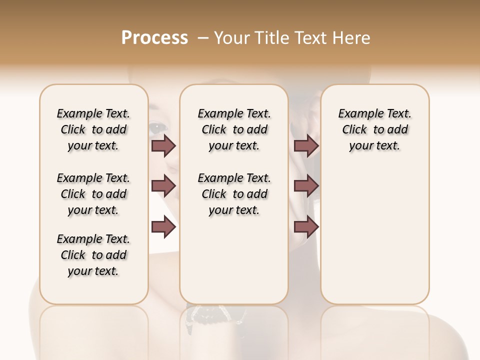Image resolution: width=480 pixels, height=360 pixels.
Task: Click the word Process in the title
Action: pyautogui.click(x=154, y=38)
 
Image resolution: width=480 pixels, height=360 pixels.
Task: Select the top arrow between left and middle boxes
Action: pyautogui.click(x=163, y=145)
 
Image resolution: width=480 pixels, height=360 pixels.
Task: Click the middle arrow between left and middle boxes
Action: pyautogui.click(x=163, y=186)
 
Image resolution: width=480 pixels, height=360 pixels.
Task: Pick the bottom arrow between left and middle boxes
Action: pyautogui.click(x=163, y=227)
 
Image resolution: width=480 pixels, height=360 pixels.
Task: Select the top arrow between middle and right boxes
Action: pyautogui.click(x=306, y=145)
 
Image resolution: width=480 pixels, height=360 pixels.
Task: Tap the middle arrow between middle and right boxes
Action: pyautogui.click(x=306, y=186)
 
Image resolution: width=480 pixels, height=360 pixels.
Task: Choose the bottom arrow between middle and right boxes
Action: pyautogui.click(x=306, y=227)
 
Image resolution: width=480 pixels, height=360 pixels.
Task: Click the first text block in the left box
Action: pyautogui.click(x=93, y=129)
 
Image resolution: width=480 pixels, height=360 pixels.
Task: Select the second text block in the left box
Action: pyautogui.click(x=93, y=194)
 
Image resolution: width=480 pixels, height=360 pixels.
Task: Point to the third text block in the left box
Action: pyautogui.click(x=93, y=255)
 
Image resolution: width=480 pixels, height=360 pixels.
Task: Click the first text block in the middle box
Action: pyautogui.click(x=234, y=129)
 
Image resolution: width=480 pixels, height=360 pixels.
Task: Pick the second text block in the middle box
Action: pyautogui.click(x=234, y=194)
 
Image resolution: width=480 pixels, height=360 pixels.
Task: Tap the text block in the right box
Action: pyautogui.click(x=374, y=129)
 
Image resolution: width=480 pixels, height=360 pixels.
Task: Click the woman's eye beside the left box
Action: pyautogui.click(x=157, y=127)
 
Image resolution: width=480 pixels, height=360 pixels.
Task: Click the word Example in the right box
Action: pyautogui.click(x=357, y=113)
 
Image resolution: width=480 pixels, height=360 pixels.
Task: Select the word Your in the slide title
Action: pyautogui.click(x=232, y=38)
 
